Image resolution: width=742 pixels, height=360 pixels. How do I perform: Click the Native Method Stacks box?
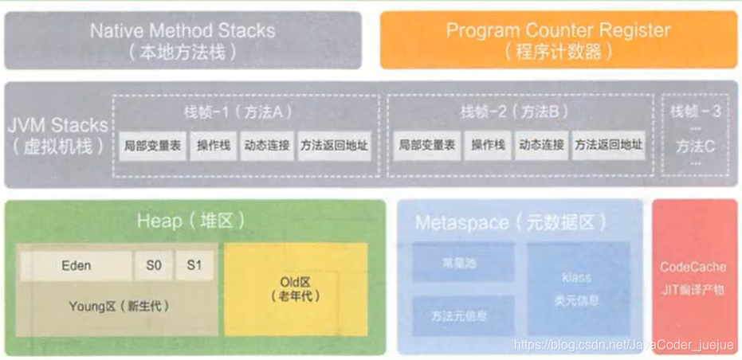click(183, 40)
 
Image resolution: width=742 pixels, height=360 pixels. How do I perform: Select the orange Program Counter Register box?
click(558, 40)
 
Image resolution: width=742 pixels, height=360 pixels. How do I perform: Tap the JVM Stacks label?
click(57, 135)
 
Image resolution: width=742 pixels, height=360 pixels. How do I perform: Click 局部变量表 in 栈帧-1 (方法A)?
click(153, 146)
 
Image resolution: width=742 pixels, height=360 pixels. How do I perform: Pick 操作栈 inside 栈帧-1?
click(214, 146)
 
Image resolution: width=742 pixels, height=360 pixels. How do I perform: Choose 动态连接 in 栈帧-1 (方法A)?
click(267, 146)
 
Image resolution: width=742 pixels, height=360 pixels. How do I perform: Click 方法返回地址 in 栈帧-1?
click(335, 146)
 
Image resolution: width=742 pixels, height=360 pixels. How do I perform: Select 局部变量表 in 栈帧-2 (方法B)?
click(427, 146)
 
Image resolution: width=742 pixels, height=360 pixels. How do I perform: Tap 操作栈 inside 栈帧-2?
click(488, 146)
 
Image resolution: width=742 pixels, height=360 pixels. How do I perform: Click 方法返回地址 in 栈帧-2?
click(608, 146)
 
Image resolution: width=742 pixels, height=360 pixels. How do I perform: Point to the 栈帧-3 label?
click(696, 112)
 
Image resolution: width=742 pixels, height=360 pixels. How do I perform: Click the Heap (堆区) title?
click(191, 221)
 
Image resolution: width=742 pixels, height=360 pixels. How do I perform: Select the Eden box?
click(77, 265)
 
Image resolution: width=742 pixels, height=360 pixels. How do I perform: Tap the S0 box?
click(153, 265)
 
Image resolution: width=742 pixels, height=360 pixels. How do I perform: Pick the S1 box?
click(194, 265)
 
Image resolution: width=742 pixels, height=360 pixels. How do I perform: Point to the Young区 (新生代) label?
click(120, 306)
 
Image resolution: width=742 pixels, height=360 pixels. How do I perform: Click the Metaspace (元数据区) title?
click(510, 222)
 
